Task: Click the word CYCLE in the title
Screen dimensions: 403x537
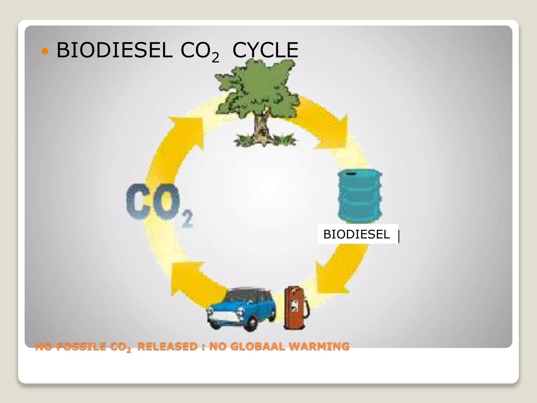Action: (x=265, y=50)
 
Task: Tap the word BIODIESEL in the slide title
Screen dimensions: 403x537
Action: (x=114, y=50)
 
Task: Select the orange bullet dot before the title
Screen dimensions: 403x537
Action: (x=45, y=51)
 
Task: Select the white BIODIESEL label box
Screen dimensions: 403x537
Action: (x=358, y=234)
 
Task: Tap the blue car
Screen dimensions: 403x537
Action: (x=243, y=310)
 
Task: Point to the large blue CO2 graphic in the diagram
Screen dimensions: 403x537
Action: (x=157, y=203)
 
